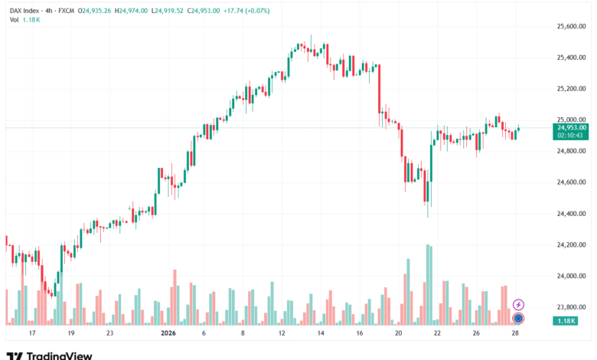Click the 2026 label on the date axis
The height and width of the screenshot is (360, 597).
coord(168,334)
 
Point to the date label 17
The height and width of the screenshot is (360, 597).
coord(31,334)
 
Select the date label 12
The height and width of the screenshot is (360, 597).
coord(281,334)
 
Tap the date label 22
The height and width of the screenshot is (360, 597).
coord(437,334)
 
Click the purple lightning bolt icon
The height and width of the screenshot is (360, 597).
coord(518,305)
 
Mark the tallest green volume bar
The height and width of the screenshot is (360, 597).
coord(428,283)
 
